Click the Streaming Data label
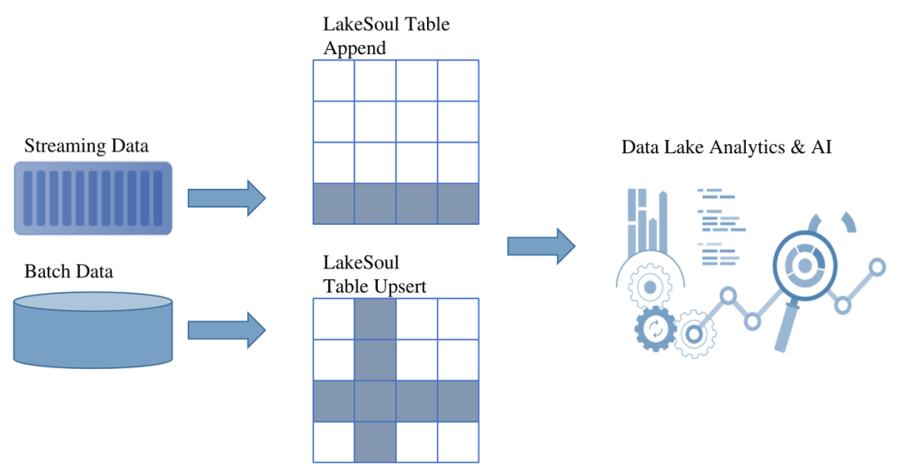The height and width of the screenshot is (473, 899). [x=87, y=147]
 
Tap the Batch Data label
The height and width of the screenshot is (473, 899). [x=68, y=271]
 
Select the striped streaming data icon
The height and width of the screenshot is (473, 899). [x=93, y=197]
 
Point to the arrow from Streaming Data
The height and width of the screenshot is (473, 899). [x=226, y=198]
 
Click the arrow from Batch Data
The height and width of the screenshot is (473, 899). [x=226, y=330]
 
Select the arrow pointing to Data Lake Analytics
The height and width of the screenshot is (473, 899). [x=541, y=246]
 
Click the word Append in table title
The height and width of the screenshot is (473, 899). [x=355, y=48]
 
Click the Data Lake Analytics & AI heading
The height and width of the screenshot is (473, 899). [x=727, y=147]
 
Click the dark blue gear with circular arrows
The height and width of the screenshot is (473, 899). [x=655, y=328]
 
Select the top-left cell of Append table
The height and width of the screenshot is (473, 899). [x=334, y=80]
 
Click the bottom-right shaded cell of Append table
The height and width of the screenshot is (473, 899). [x=458, y=204]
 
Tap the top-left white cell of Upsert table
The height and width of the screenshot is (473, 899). [x=334, y=319]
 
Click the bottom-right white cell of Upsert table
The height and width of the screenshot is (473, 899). [x=458, y=442]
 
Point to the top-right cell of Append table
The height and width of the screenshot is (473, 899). [x=458, y=80]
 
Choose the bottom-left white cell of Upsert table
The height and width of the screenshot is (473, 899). [x=334, y=442]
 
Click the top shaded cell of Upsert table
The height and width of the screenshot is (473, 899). [x=375, y=319]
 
